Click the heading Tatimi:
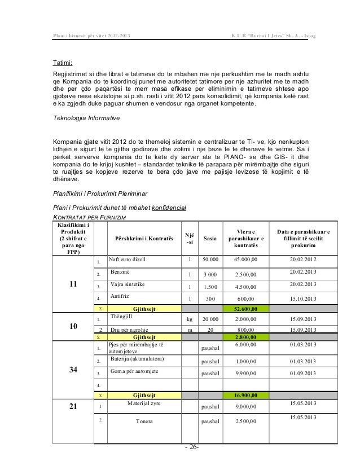click(x=63, y=63)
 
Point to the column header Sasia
click(x=210, y=239)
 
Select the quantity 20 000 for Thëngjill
click(x=210, y=319)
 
